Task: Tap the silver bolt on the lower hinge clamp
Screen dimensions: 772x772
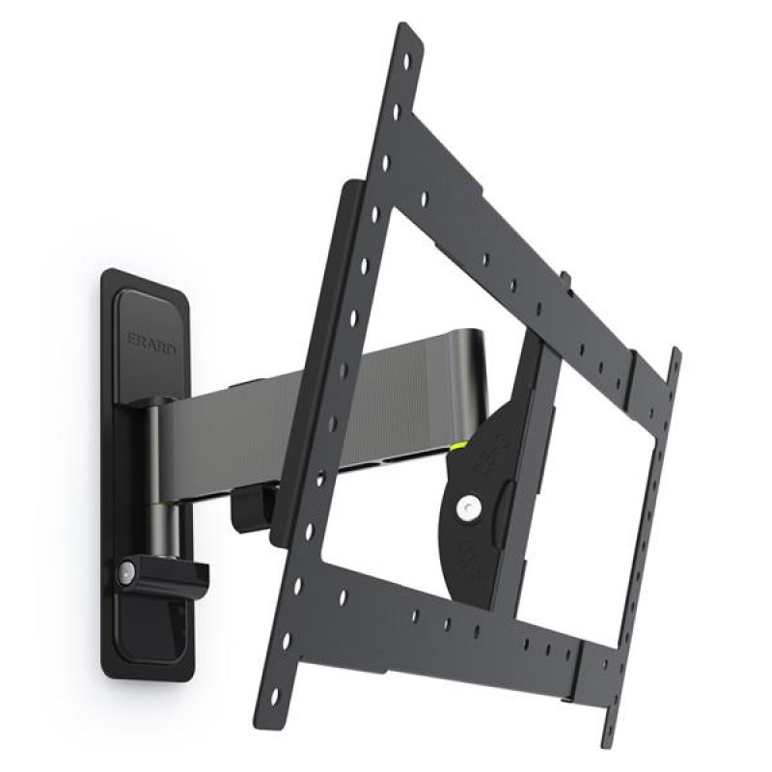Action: click(125, 573)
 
